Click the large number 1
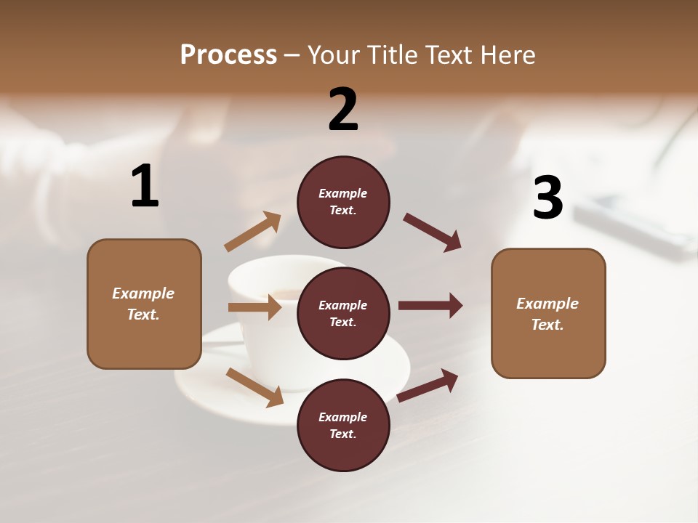[x=145, y=187]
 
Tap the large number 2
[x=343, y=110]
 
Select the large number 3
[x=547, y=198]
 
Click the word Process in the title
[x=228, y=54]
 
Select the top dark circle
[x=343, y=202]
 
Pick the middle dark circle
[x=343, y=314]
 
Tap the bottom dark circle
[x=343, y=426]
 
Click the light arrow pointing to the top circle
[x=253, y=232]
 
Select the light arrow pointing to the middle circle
[x=254, y=307]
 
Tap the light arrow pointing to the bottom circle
[x=255, y=387]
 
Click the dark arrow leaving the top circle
[x=433, y=232]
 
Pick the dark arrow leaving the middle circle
[x=430, y=305]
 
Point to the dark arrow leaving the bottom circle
[x=428, y=385]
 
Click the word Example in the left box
[x=143, y=293]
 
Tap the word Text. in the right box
[x=547, y=325]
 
